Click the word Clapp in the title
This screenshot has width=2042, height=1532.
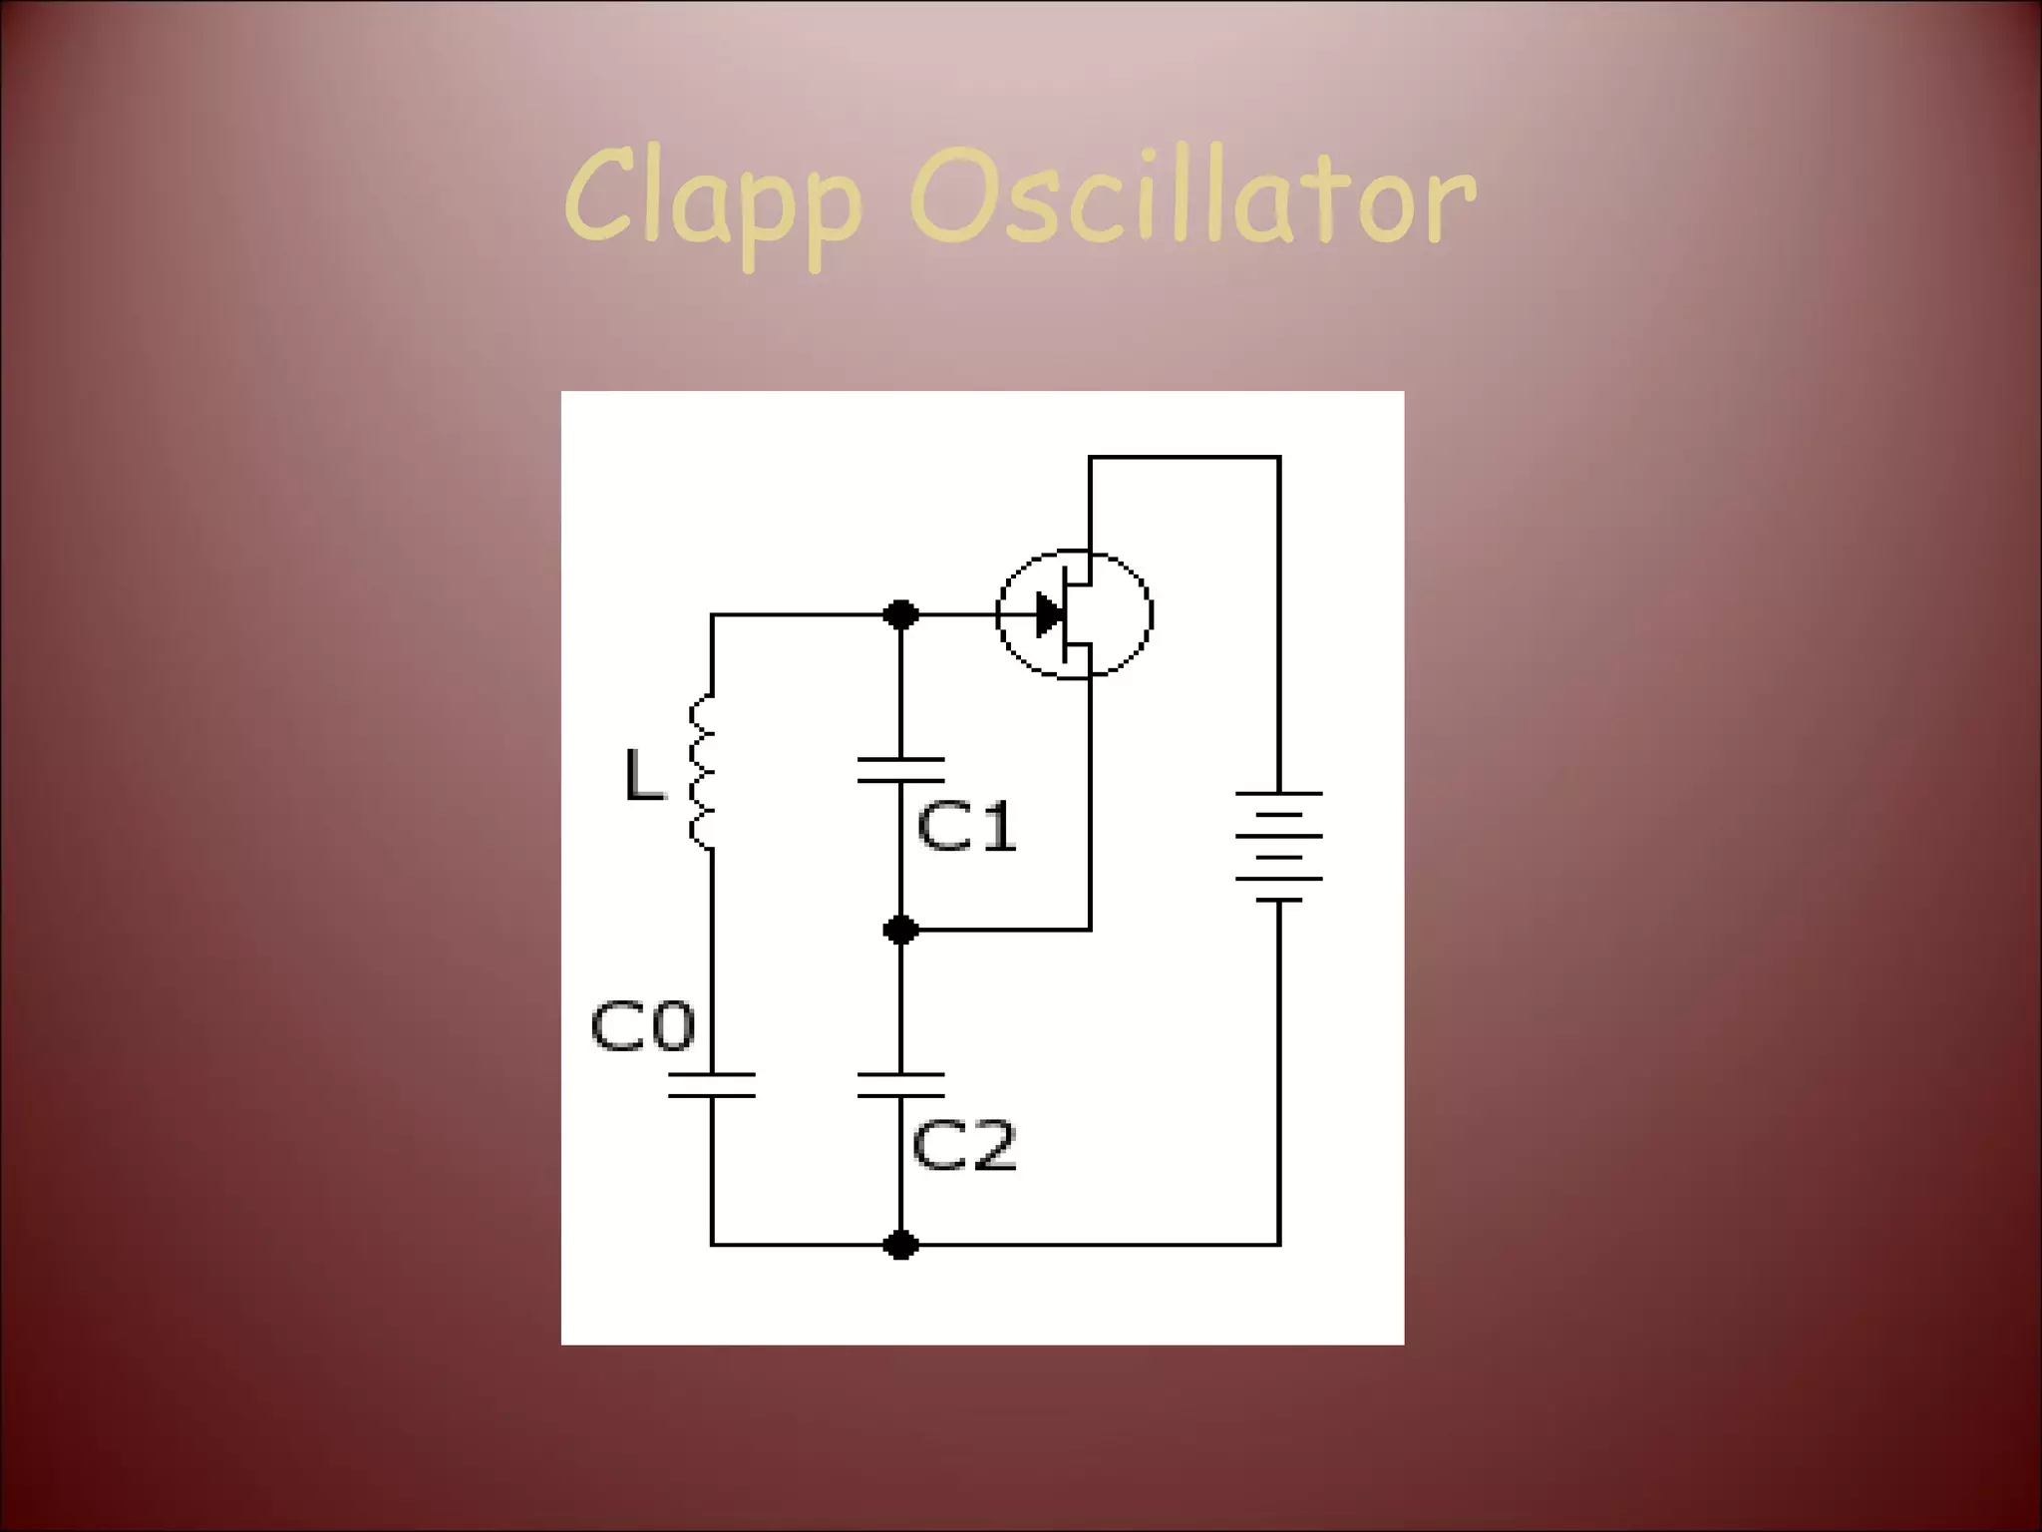coord(713,199)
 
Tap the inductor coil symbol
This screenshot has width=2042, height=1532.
coord(703,773)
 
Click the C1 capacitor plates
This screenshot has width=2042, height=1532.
coord(901,770)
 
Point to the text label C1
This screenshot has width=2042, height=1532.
coord(965,827)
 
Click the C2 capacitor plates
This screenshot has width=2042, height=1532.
coord(901,1085)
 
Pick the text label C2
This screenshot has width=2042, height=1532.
coord(963,1145)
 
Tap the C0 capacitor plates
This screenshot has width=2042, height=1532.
coord(712,1085)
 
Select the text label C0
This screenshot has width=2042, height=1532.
coord(642,1026)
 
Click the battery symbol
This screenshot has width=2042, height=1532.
coord(1279,846)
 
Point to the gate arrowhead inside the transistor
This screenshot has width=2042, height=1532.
coord(1049,614)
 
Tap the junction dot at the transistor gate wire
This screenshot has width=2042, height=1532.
coord(901,614)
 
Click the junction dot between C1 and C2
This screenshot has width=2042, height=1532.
coord(901,931)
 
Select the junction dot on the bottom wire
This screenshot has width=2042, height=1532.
coord(901,1245)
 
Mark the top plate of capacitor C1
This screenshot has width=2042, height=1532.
coord(901,760)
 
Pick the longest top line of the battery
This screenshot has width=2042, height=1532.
coord(1279,794)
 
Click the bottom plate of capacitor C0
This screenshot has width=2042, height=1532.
coord(712,1095)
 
